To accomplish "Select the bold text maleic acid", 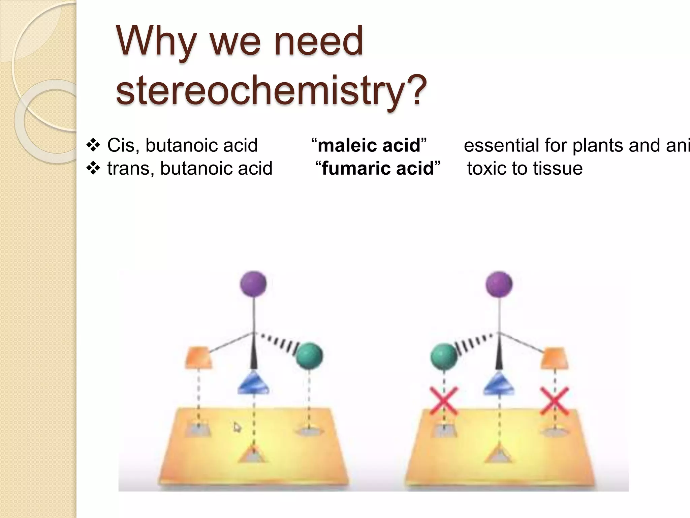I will pos(369,145).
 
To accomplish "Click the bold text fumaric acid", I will pos(378,168).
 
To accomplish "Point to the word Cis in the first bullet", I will pos(121,145).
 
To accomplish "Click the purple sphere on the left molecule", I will pos(253,284).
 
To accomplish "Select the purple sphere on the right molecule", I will pos(499,284).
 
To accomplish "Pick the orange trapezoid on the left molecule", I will pos(199,357).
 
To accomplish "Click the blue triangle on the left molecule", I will pos(253,384).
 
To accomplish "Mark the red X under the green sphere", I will pos(444,401).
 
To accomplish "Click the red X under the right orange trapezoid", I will pos(554,401).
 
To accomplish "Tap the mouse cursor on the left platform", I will pos(237,428).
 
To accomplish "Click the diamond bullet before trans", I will pos(93,168).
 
